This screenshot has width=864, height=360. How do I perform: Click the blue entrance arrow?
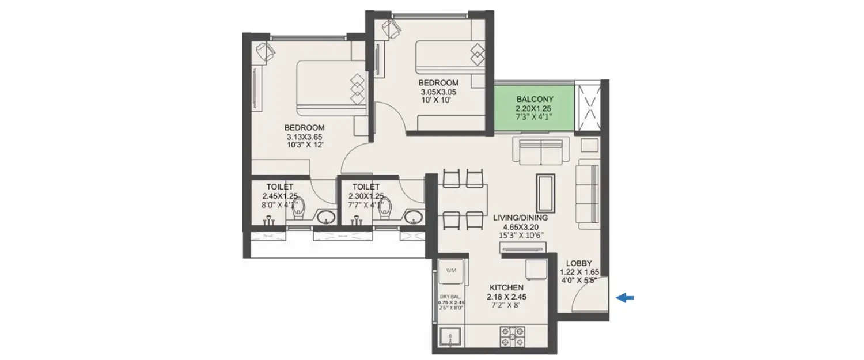point(625,298)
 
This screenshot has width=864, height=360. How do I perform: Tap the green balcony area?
point(535,107)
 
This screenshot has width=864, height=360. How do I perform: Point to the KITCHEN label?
point(506,287)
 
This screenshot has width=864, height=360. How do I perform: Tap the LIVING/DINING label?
point(520,218)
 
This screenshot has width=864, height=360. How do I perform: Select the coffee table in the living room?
point(545,194)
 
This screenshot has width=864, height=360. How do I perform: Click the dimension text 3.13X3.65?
point(304,137)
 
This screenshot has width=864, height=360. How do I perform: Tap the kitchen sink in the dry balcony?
point(449,338)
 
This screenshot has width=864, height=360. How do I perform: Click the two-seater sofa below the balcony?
point(540,151)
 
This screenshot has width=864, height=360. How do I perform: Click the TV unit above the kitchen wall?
point(520,248)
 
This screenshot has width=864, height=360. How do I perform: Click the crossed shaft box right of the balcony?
point(590,107)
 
